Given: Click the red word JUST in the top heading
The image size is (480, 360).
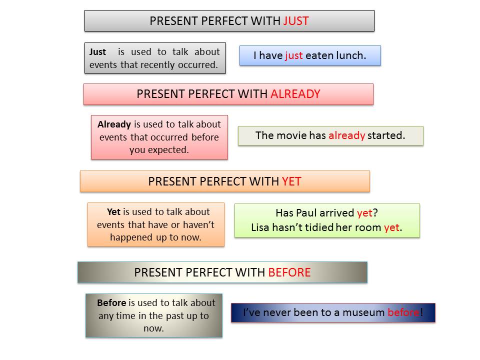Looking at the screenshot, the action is [x=295, y=21].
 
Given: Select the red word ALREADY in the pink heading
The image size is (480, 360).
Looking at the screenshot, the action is [x=295, y=94].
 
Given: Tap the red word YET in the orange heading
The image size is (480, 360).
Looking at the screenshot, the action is [x=291, y=181].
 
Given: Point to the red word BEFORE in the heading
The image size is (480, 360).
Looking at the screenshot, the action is [x=289, y=272].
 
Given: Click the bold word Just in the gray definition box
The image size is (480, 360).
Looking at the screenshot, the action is [x=97, y=51].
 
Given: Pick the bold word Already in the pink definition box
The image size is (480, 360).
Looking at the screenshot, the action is [x=114, y=124].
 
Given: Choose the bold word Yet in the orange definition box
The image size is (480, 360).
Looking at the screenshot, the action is [x=114, y=212].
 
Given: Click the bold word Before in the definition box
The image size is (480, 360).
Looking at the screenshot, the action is [x=111, y=303].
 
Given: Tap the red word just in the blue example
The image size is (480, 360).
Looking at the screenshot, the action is [x=294, y=55].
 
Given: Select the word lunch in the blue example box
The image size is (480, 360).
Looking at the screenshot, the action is [x=351, y=55].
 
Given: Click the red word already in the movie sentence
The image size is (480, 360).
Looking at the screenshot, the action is [x=346, y=135].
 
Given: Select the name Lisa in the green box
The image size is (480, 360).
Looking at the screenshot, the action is [x=260, y=227].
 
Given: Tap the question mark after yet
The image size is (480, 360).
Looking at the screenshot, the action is [x=375, y=213].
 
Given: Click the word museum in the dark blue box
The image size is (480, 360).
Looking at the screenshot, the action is [x=363, y=312].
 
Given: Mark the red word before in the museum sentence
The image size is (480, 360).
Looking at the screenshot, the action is [x=403, y=312].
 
